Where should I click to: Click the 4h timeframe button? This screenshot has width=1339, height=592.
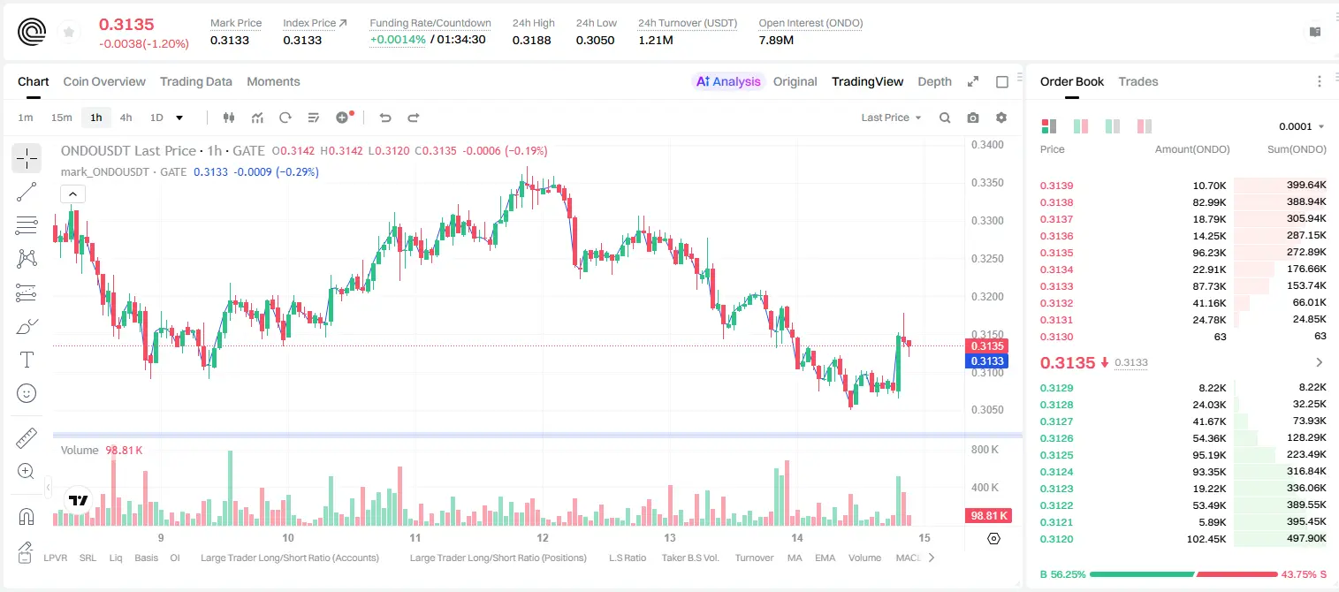pos(126,118)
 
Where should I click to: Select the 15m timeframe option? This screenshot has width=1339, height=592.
pos(61,118)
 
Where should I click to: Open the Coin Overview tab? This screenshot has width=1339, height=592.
pos(104,81)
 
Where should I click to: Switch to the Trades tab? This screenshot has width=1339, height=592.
pos(1137,81)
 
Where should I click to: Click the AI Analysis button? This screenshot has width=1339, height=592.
pos(728,81)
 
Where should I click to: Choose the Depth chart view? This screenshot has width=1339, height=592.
pos(934,81)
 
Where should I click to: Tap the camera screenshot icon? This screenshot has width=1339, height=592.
pos(972,118)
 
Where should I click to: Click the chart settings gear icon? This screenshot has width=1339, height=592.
pos(1001,118)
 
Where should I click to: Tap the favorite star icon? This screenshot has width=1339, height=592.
pos(69,33)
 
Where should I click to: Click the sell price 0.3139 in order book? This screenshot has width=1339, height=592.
pos(1056,186)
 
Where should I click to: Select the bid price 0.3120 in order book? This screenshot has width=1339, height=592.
pos(1056,539)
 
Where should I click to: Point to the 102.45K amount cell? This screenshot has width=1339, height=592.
pos(1206,539)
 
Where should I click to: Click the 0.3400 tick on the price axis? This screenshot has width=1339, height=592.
pos(987,145)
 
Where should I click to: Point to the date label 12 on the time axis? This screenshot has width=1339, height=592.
pos(542,537)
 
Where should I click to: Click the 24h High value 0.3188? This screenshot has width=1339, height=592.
pos(531,40)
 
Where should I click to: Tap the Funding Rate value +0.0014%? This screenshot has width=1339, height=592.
pos(398,40)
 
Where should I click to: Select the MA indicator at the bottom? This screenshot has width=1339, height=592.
pos(795,558)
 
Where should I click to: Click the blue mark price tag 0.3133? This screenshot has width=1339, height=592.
pos(987,361)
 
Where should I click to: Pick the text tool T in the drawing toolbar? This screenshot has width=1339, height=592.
pos(27,360)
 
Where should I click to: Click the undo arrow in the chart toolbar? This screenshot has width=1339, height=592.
pos(385,118)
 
